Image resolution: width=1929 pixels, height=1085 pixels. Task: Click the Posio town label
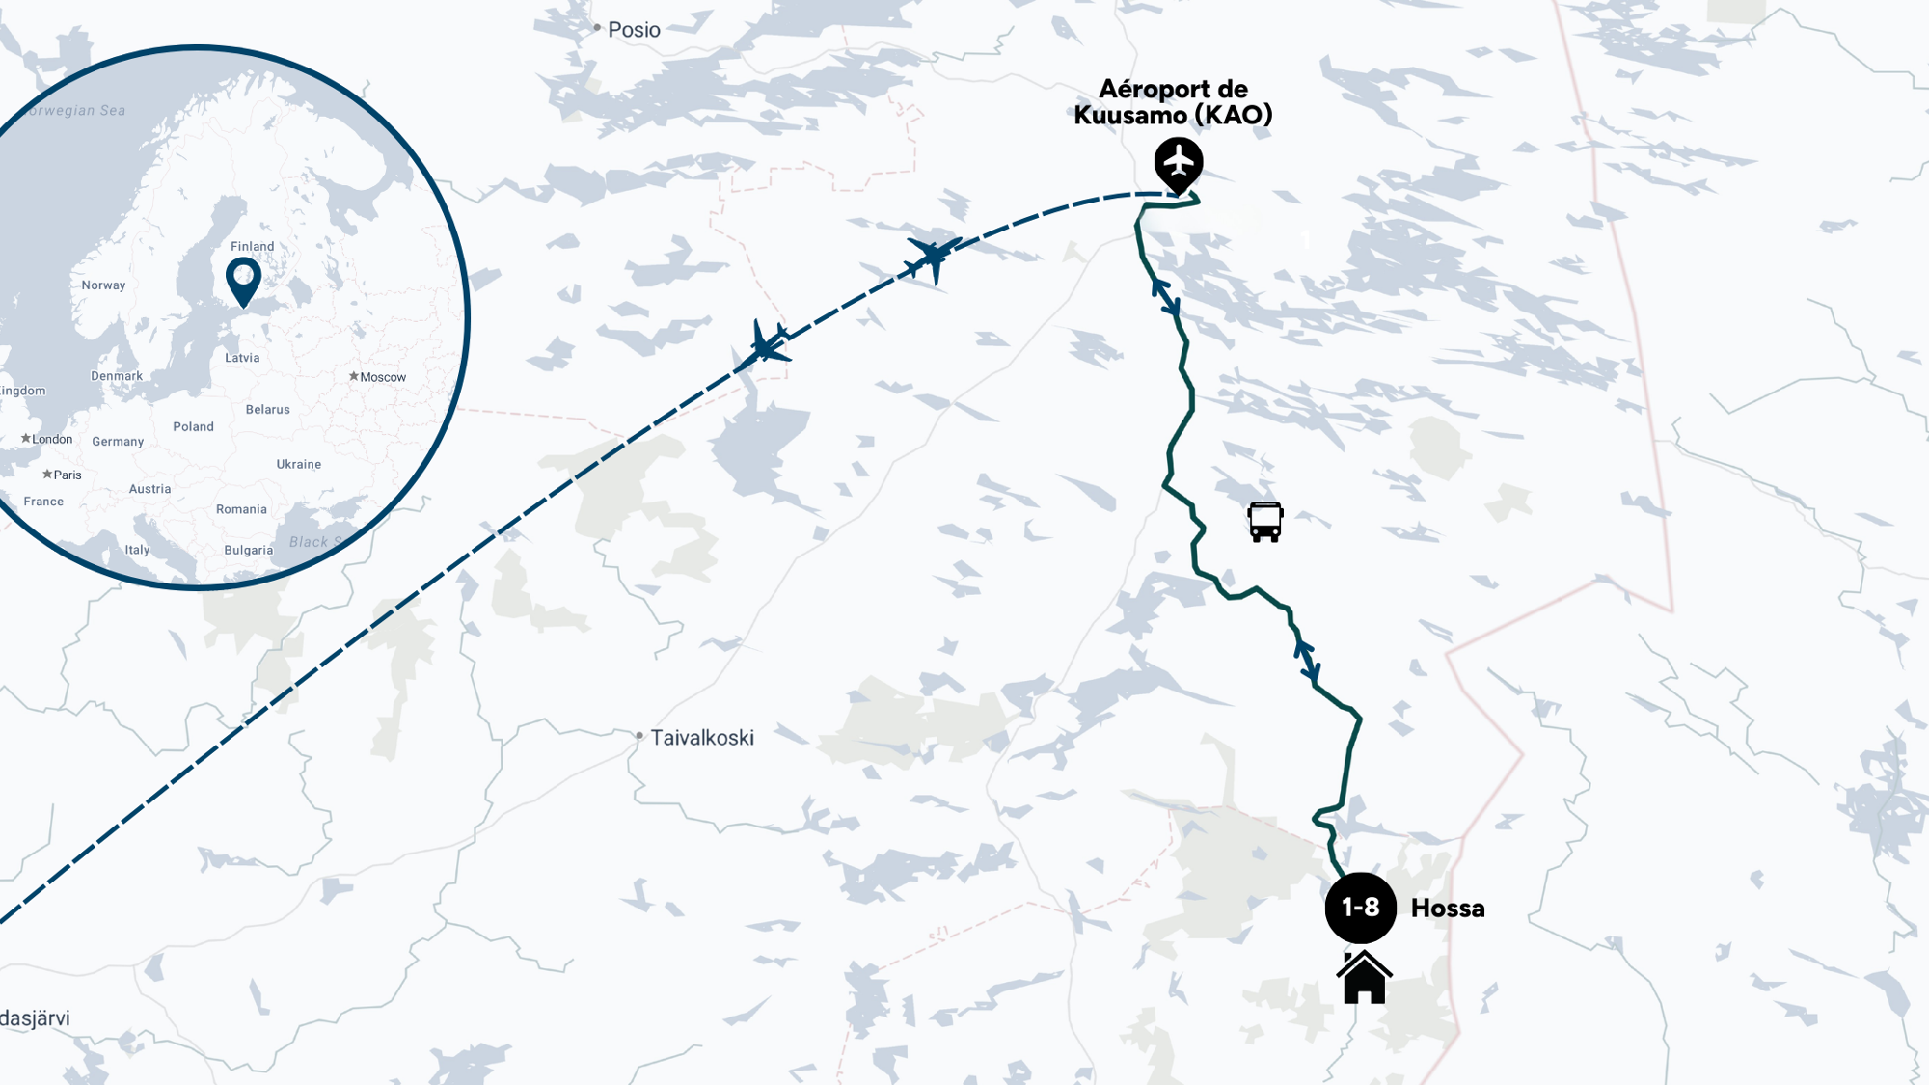pyautogui.click(x=634, y=30)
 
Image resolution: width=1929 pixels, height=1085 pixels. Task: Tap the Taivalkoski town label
pyautogui.click(x=701, y=738)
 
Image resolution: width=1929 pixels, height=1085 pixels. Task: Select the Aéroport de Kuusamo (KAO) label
pyautogui.click(x=1173, y=102)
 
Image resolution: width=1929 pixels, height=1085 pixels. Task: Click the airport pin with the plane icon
pyautogui.click(x=1178, y=162)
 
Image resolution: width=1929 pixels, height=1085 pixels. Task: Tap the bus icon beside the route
pyautogui.click(x=1264, y=522)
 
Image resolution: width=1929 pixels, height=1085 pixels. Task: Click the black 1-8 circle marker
pyautogui.click(x=1360, y=908)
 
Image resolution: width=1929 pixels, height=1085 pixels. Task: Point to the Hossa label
pyautogui.click(x=1447, y=909)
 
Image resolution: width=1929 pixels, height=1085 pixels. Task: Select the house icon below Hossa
pyautogui.click(x=1364, y=978)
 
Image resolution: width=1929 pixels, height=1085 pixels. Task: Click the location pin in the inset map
pyautogui.click(x=243, y=279)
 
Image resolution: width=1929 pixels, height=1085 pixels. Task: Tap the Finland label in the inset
pyautogui.click(x=253, y=247)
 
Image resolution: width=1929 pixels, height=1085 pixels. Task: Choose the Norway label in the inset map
pyautogui.click(x=104, y=285)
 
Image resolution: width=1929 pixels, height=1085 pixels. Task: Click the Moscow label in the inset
pyautogui.click(x=383, y=377)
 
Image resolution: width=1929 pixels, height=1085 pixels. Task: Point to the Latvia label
pyautogui.click(x=242, y=358)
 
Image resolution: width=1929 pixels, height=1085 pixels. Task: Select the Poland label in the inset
pyautogui.click(x=194, y=427)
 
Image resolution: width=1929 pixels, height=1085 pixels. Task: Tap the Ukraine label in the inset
pyautogui.click(x=299, y=465)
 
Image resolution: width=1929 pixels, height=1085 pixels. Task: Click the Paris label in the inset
pyautogui.click(x=68, y=475)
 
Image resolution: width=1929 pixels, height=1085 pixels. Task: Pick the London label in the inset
pyautogui.click(x=52, y=440)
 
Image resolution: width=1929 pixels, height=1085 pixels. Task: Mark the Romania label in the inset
pyautogui.click(x=241, y=510)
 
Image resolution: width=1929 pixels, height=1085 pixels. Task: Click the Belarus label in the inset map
pyautogui.click(x=268, y=410)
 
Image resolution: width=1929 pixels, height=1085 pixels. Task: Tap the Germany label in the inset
pyautogui.click(x=118, y=442)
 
